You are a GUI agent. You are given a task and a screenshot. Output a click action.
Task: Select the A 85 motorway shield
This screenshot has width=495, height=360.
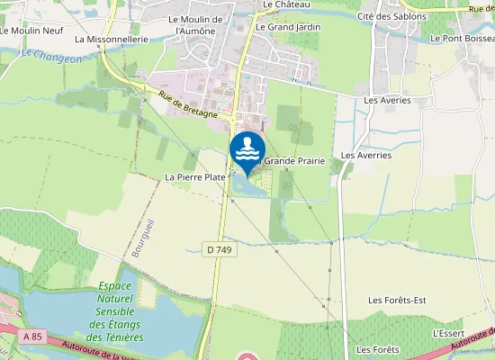[33, 337]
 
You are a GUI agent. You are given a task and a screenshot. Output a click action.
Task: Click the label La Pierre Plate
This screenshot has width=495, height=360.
[194, 177]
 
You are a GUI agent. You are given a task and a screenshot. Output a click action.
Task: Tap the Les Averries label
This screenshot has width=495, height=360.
[366, 155]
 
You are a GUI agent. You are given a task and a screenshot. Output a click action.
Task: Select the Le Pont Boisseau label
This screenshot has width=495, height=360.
[462, 39]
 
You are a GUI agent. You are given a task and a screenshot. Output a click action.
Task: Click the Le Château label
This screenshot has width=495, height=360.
[280, 4]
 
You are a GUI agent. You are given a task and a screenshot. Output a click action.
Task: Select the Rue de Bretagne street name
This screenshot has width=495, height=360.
[188, 107]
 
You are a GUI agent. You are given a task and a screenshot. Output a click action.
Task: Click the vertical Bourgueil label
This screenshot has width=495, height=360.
[138, 239]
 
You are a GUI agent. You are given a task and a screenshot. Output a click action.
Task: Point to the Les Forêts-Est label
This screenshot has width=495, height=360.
[396, 300]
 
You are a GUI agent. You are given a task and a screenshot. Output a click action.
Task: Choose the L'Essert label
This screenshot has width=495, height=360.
[447, 332]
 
